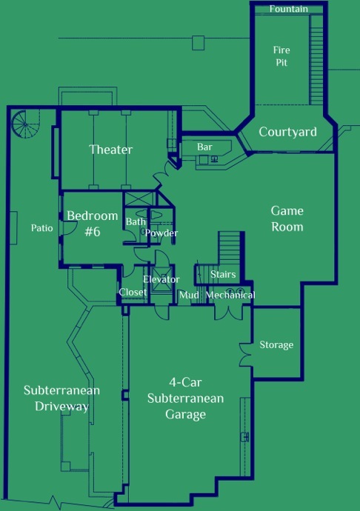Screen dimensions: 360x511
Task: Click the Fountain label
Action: tap(289, 9)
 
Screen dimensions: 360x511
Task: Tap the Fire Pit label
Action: tap(281, 56)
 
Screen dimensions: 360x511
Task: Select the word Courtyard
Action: tap(287, 132)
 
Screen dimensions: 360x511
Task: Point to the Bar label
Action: tap(204, 147)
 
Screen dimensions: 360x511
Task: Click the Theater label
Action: tap(111, 150)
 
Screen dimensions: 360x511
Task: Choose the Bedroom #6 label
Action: tap(93, 224)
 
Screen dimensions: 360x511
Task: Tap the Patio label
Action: tap(41, 228)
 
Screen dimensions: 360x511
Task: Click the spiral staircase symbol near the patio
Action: tap(25, 124)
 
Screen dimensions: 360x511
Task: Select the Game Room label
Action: tap(287, 218)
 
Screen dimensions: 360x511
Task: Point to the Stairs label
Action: tap(223, 274)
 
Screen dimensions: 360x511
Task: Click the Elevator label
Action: tap(161, 279)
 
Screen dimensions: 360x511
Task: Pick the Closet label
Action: tap(133, 292)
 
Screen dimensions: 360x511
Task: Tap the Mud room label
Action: tap(189, 295)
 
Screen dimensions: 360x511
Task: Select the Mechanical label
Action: tap(230, 295)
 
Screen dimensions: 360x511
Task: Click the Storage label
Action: tap(276, 345)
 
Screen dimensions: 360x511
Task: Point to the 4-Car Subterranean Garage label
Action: tap(185, 398)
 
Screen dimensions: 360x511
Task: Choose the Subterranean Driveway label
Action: tap(61, 398)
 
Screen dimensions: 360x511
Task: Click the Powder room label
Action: tap(161, 233)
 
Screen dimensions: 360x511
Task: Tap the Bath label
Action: tap(136, 221)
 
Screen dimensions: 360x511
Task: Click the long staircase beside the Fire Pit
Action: tap(316, 59)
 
